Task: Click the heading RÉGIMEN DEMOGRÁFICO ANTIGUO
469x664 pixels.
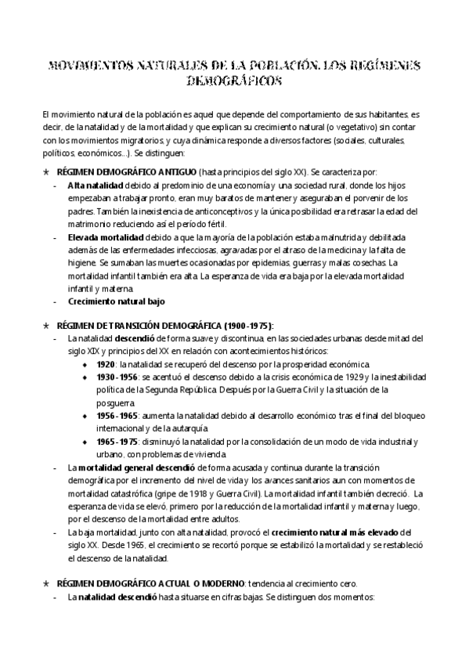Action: (x=124, y=170)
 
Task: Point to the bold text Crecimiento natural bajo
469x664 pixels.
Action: (x=116, y=301)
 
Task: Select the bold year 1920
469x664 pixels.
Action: (x=106, y=364)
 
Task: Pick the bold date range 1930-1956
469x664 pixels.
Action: (x=117, y=377)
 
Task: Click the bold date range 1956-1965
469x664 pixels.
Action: (x=117, y=416)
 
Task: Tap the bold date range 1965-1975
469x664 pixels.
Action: (x=117, y=442)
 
